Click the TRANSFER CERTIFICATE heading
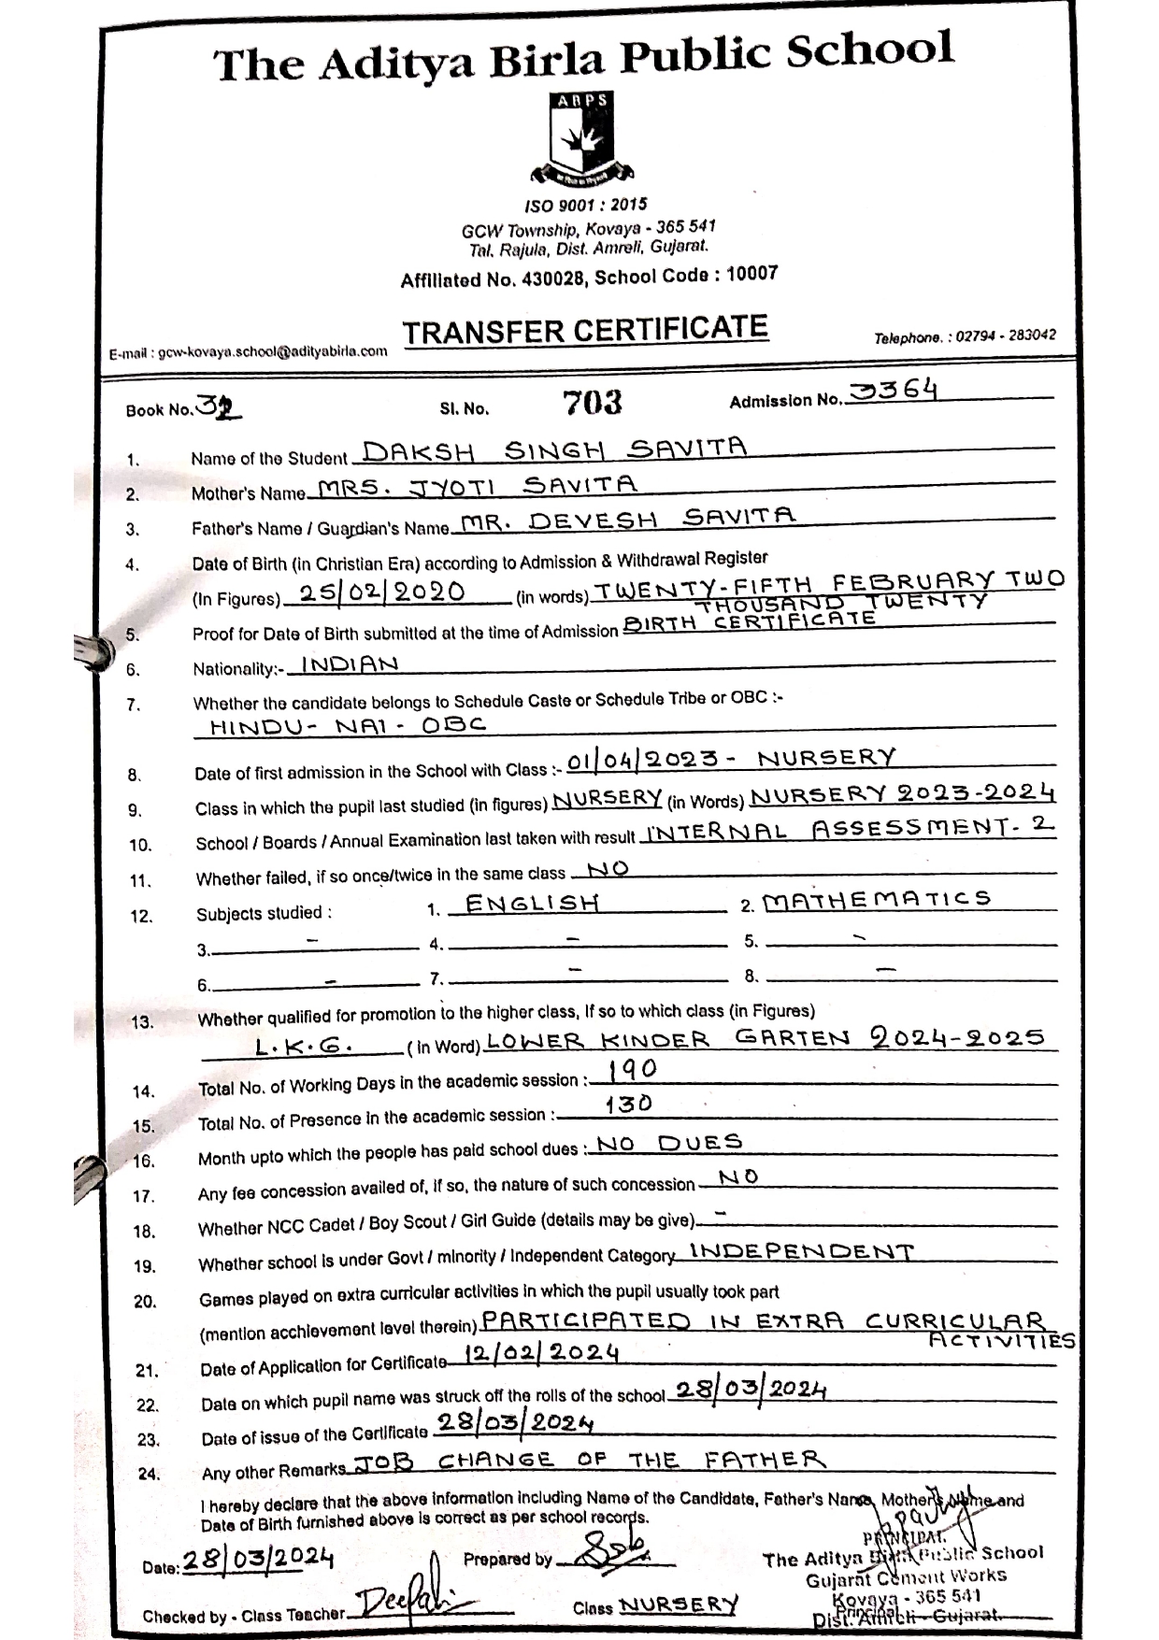pyautogui.click(x=585, y=330)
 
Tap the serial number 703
pyautogui.click(x=593, y=403)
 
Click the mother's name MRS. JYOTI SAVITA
pyautogui.click(x=477, y=486)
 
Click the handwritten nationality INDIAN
pyautogui.click(x=350, y=663)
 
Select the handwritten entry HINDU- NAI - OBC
pyautogui.click(x=347, y=725)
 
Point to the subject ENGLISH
pyautogui.click(x=532, y=904)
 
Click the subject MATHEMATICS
pyautogui.click(x=876, y=900)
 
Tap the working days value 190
pyautogui.click(x=632, y=1069)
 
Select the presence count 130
pyautogui.click(x=628, y=1105)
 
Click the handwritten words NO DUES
pyautogui.click(x=669, y=1143)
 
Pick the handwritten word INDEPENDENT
pyautogui.click(x=801, y=1251)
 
